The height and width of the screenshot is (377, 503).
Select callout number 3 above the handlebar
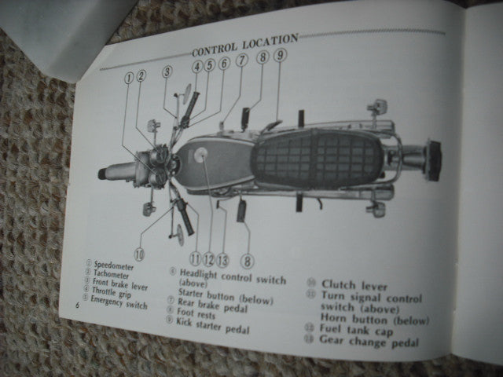pyautogui.click(x=167, y=72)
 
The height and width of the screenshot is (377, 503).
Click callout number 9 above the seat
pyautogui.click(x=280, y=54)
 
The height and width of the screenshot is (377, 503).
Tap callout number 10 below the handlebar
pyautogui.click(x=139, y=253)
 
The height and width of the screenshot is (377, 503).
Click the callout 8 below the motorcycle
pyautogui.click(x=248, y=261)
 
